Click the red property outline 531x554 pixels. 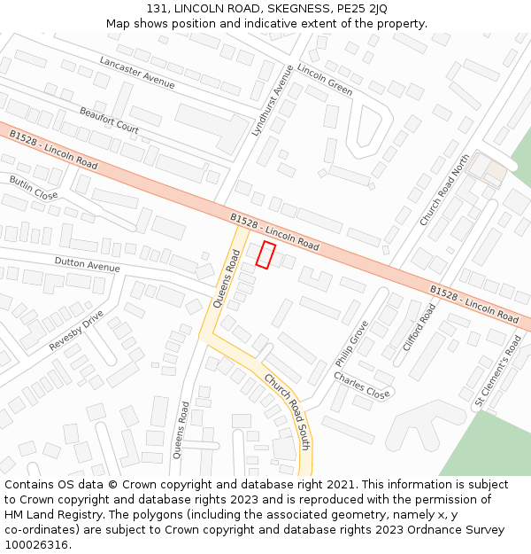point(265,254)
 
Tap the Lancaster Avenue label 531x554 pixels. point(137,72)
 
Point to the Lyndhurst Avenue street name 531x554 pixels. point(272,99)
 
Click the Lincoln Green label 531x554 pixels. point(325,80)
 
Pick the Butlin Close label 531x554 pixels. point(34,187)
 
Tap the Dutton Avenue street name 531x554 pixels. point(87,265)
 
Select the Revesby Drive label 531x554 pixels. point(76,330)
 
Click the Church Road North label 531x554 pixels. point(444,190)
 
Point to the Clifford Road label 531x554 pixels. point(419,327)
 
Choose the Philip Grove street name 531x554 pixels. point(351,344)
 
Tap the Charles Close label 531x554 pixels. point(361,385)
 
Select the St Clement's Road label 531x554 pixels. point(497,371)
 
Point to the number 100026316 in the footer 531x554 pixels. point(36,544)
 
